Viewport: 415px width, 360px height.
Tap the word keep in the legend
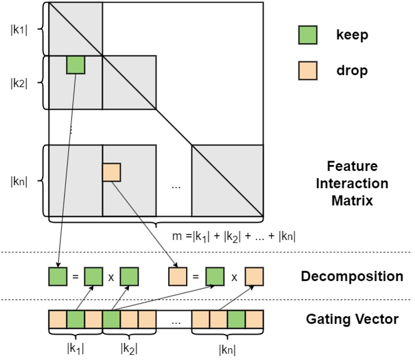[x=352, y=36]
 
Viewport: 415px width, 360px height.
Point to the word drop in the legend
[x=352, y=70]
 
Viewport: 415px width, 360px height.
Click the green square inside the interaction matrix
[x=76, y=65]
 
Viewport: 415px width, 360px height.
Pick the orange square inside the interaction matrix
[x=111, y=172]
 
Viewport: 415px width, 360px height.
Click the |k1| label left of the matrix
[x=18, y=29]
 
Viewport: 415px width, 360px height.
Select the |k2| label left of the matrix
[x=18, y=83]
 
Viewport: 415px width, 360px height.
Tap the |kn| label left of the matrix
[x=18, y=181]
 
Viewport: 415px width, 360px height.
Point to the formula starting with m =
[x=234, y=236]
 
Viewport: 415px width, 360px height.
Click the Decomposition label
[x=351, y=276]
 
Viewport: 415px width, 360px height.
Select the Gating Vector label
[x=351, y=318]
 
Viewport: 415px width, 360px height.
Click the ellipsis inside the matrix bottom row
[x=175, y=185]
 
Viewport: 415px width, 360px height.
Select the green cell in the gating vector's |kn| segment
[x=236, y=319]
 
